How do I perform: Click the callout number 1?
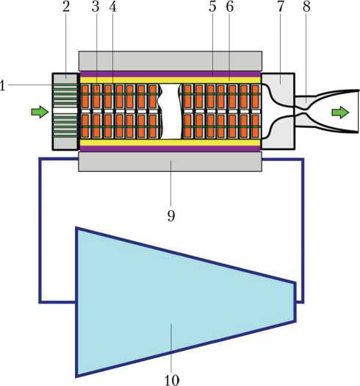(x=2, y=86)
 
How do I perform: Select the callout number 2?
(x=66, y=7)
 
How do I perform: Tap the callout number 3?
(x=96, y=7)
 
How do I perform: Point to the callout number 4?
(x=112, y=7)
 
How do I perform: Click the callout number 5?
(x=212, y=7)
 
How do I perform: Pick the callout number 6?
(x=229, y=7)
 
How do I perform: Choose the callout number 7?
(x=281, y=7)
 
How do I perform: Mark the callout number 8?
(x=306, y=7)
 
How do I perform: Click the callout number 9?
(x=171, y=216)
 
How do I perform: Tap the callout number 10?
(x=171, y=380)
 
